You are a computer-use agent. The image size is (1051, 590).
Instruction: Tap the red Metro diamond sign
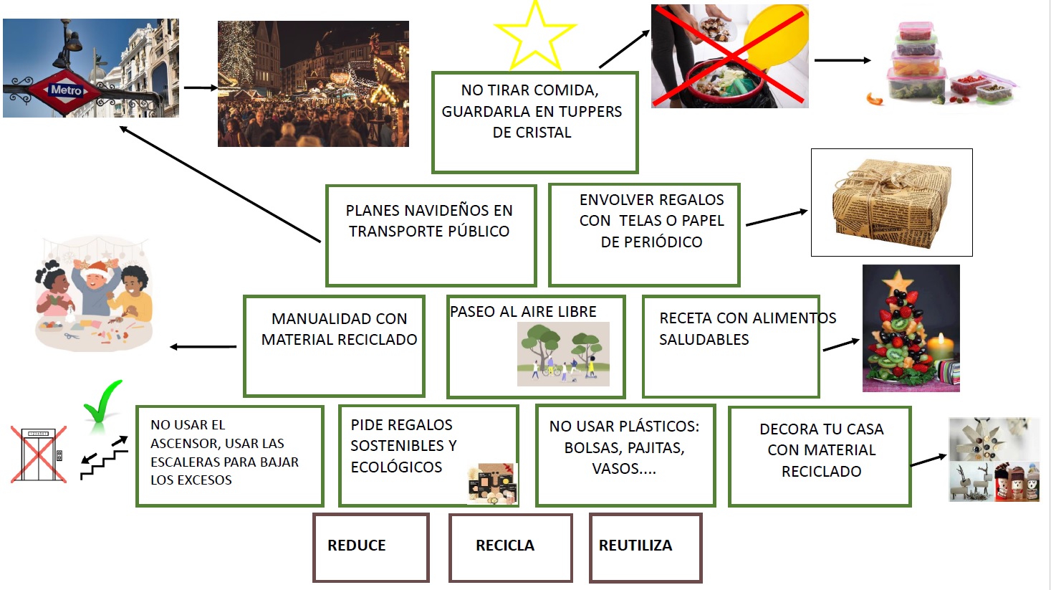point(66,90)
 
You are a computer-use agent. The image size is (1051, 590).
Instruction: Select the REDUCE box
point(370,547)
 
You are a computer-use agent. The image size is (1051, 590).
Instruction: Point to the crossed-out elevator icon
point(39,455)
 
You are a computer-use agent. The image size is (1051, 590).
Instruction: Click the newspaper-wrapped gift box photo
point(891,202)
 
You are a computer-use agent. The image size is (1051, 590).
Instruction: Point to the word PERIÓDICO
point(651,242)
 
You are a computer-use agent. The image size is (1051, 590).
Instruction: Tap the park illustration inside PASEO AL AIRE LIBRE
point(563,354)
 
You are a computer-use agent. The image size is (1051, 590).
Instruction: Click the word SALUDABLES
point(704,340)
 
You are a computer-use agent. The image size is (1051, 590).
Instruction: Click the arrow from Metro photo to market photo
point(200,88)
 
